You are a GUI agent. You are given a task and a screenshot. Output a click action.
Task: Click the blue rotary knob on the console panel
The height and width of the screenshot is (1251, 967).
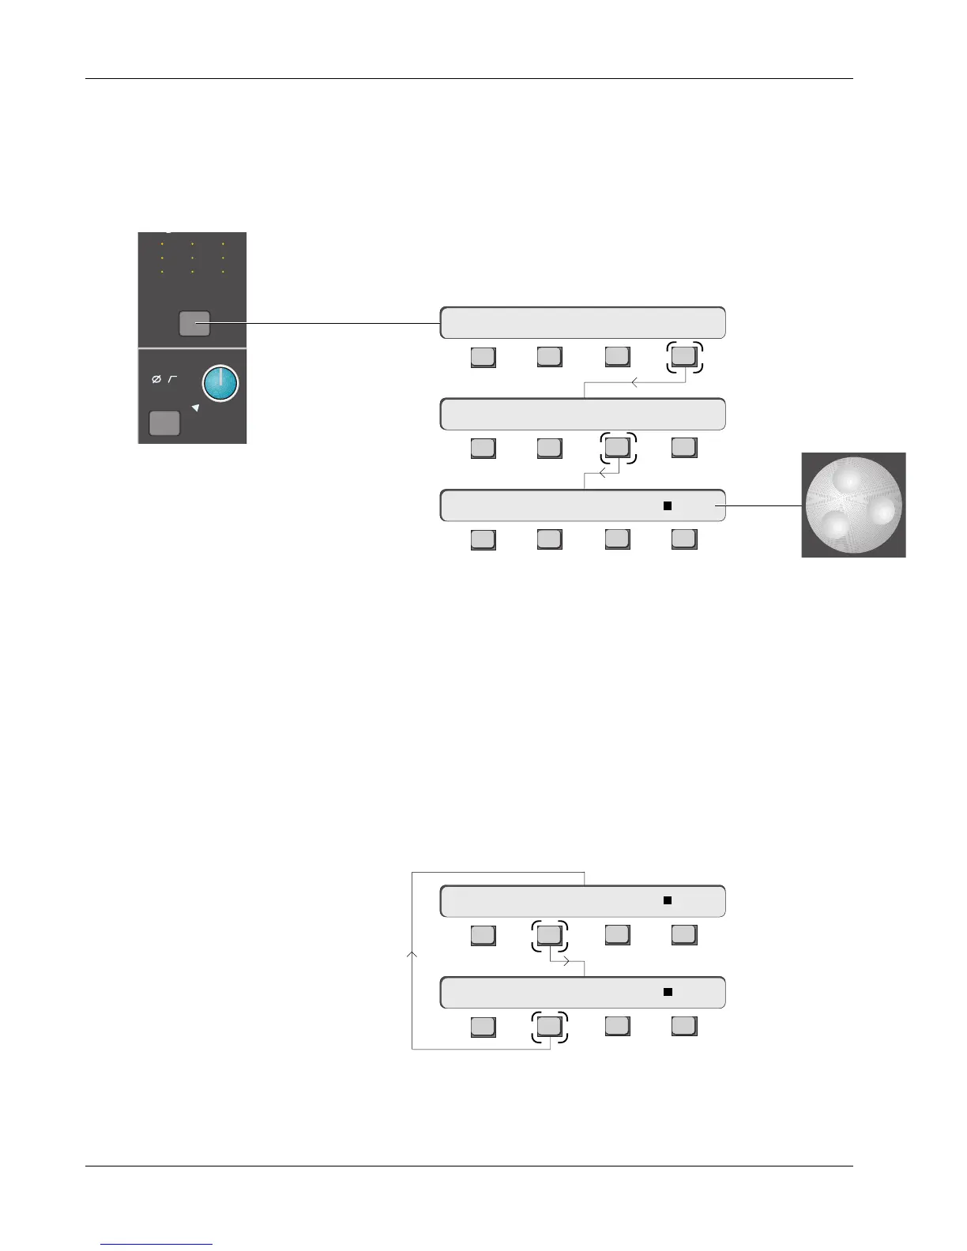pos(220,384)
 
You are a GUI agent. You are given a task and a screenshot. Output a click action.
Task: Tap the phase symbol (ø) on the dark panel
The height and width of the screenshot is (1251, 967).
pos(156,380)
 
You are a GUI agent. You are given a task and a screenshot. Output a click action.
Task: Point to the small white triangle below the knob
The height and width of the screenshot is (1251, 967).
pos(196,408)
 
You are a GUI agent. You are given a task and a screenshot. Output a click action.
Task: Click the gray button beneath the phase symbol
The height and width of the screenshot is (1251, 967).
pos(164,423)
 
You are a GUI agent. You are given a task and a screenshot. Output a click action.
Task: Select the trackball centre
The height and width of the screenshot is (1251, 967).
pos(853,505)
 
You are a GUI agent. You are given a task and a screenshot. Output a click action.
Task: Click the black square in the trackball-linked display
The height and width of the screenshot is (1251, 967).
pos(668,505)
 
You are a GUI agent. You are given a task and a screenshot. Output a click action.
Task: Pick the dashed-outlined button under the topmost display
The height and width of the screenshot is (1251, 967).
pos(683,357)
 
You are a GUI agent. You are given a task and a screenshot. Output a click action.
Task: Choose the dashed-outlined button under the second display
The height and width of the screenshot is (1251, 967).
pos(617,448)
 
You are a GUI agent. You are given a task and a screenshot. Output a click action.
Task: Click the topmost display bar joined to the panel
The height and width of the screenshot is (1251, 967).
pos(582,323)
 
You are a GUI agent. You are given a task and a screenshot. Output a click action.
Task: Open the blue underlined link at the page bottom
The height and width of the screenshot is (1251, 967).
pos(157,1244)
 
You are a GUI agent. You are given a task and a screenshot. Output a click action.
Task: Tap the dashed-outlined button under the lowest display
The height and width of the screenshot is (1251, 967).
pos(549,1026)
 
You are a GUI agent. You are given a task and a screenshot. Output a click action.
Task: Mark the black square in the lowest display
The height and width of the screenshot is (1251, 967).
pos(668,992)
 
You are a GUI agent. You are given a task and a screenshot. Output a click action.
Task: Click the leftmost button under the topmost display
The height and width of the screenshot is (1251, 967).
pos(483,357)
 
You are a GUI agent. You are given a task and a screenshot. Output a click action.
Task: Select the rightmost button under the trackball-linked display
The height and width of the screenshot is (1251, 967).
pos(683,539)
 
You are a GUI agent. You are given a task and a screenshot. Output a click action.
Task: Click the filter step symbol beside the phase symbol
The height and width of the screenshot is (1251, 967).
pos(172,380)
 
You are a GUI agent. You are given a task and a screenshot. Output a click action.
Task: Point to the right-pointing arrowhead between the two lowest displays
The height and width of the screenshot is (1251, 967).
pos(566,962)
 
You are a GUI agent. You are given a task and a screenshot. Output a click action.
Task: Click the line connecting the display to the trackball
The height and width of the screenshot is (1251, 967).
pos(762,505)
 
